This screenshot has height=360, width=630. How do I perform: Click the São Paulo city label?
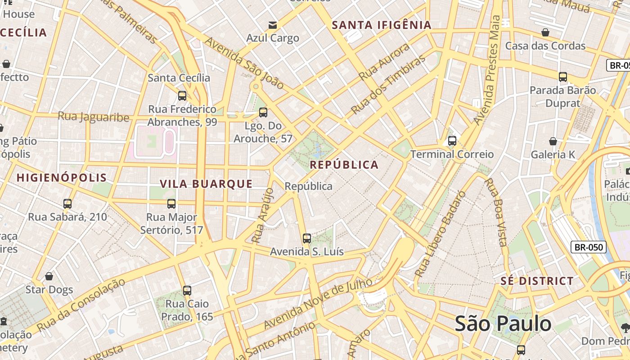(503, 324)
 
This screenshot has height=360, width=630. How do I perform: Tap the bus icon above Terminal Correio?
(452, 141)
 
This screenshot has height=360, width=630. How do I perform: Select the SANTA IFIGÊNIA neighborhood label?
(382, 25)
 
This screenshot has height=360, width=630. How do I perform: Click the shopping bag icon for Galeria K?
(553, 141)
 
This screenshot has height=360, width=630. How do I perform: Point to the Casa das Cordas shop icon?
(545, 32)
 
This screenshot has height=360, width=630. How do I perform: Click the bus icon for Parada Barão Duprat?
(562, 77)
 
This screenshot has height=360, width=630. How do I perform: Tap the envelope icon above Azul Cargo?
(273, 25)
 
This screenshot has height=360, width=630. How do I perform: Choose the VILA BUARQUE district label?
(206, 184)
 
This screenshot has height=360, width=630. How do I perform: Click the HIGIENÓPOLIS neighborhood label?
(62, 177)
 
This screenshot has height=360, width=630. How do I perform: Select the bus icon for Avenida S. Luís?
(307, 238)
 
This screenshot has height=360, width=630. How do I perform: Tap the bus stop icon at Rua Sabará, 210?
(67, 204)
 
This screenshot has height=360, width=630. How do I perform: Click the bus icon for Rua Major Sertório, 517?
(171, 204)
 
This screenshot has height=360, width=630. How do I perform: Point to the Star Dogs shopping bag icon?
(49, 276)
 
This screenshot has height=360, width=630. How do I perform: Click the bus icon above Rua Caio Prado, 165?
(187, 291)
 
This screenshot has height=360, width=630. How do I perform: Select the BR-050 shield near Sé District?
(589, 247)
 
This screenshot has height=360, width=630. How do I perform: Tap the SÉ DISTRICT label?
(537, 281)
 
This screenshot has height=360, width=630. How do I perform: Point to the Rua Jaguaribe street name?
(93, 117)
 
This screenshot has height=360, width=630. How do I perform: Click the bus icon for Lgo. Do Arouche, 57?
(263, 112)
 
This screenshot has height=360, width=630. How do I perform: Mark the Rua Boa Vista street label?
(495, 211)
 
